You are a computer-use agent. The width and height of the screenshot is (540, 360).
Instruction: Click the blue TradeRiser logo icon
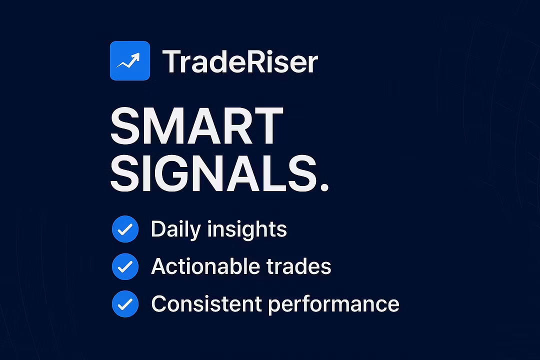130,60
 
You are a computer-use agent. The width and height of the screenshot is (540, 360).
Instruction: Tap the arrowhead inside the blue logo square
136,57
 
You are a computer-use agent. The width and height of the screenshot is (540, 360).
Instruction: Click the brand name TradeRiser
240,61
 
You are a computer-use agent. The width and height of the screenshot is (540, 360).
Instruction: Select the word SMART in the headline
196,125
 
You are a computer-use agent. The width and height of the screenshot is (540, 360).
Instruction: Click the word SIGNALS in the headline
213,173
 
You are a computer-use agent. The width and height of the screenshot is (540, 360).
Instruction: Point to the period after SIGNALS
324,186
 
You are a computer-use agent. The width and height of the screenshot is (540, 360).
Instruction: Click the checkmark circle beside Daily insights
125,229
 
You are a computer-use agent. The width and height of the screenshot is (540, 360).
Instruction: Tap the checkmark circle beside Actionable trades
125,266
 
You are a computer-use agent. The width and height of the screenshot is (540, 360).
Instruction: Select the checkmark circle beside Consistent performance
125,304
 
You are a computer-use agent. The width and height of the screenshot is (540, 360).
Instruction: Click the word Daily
175,230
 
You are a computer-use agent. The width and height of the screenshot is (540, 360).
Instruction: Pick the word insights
247,229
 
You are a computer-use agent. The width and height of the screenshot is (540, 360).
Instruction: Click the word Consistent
206,304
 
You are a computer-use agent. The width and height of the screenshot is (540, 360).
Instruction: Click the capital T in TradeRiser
171,61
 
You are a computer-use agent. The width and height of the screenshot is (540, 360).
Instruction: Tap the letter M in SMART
163,125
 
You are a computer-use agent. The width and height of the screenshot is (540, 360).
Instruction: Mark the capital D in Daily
159,229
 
